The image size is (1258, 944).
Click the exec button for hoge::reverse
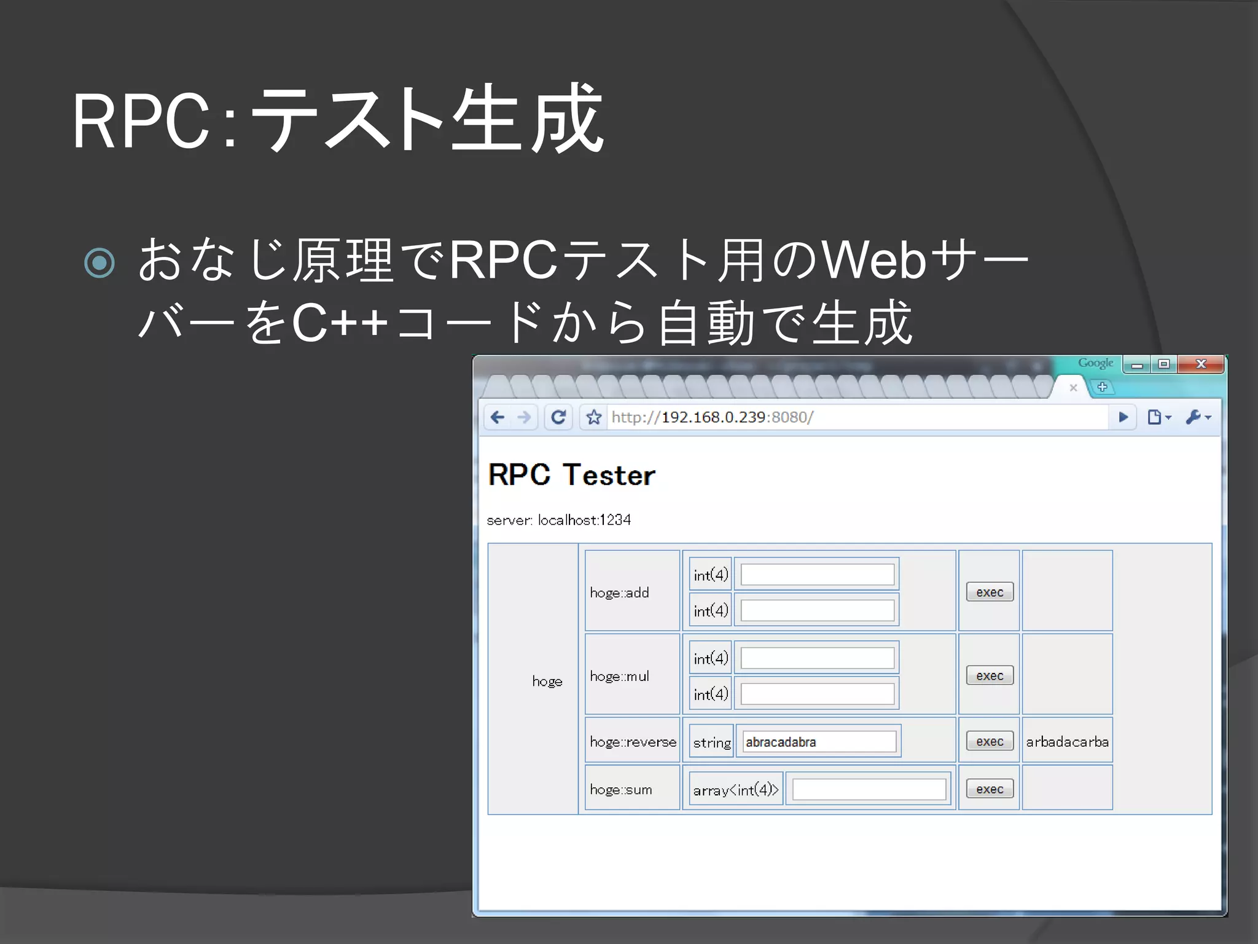990,741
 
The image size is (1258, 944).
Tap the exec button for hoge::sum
990,789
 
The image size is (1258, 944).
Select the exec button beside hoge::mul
990,675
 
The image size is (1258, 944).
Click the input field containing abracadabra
819,742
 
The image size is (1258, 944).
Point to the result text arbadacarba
1067,742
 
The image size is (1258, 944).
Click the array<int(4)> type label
735,790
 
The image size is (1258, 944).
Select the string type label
711,742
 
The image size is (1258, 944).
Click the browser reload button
558,417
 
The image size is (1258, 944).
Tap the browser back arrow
498,417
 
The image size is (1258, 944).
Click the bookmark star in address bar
593,417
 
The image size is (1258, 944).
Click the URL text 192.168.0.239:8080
713,417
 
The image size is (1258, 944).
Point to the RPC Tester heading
571,475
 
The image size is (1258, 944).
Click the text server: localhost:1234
558,520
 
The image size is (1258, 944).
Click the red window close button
1201,364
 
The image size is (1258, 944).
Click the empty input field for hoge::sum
869,789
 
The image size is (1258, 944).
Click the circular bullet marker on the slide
100,263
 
